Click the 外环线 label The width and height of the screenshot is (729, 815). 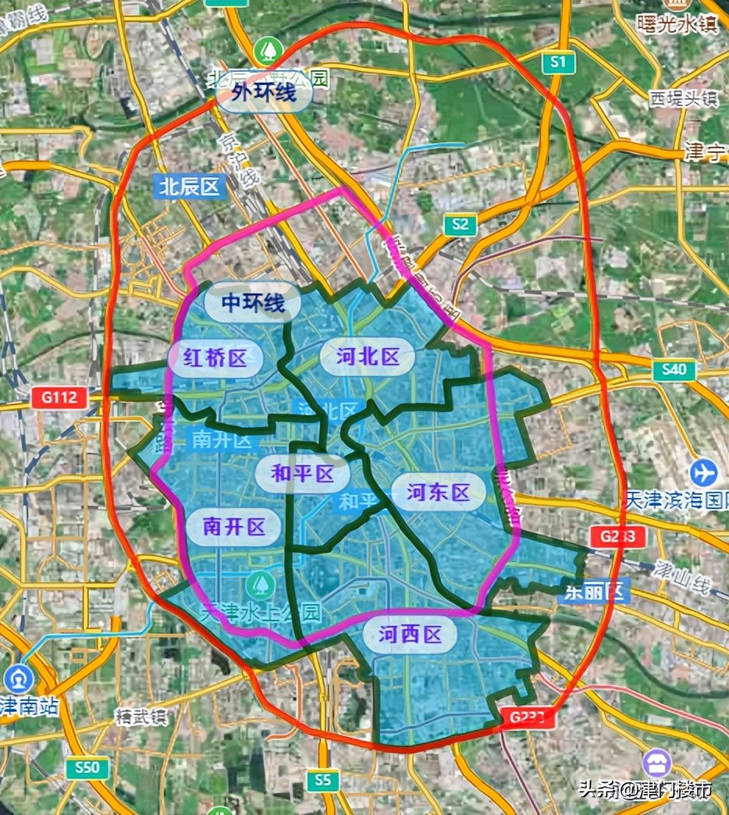tap(263, 94)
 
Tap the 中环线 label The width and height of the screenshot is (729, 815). tap(252, 302)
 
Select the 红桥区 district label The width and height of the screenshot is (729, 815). tap(215, 358)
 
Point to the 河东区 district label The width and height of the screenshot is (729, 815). tap(438, 493)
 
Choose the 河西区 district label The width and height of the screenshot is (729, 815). tap(411, 635)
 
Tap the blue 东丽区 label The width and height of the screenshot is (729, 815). tap(595, 592)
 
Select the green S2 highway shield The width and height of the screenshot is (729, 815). tap(460, 226)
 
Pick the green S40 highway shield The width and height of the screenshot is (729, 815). tap(674, 370)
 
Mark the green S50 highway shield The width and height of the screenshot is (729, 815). tap(87, 767)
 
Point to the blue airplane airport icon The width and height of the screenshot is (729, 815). tap(704, 472)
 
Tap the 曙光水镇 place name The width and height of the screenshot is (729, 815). tap(677, 23)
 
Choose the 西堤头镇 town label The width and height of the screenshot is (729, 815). tap(683, 98)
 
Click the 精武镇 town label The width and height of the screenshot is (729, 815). tap(140, 717)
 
